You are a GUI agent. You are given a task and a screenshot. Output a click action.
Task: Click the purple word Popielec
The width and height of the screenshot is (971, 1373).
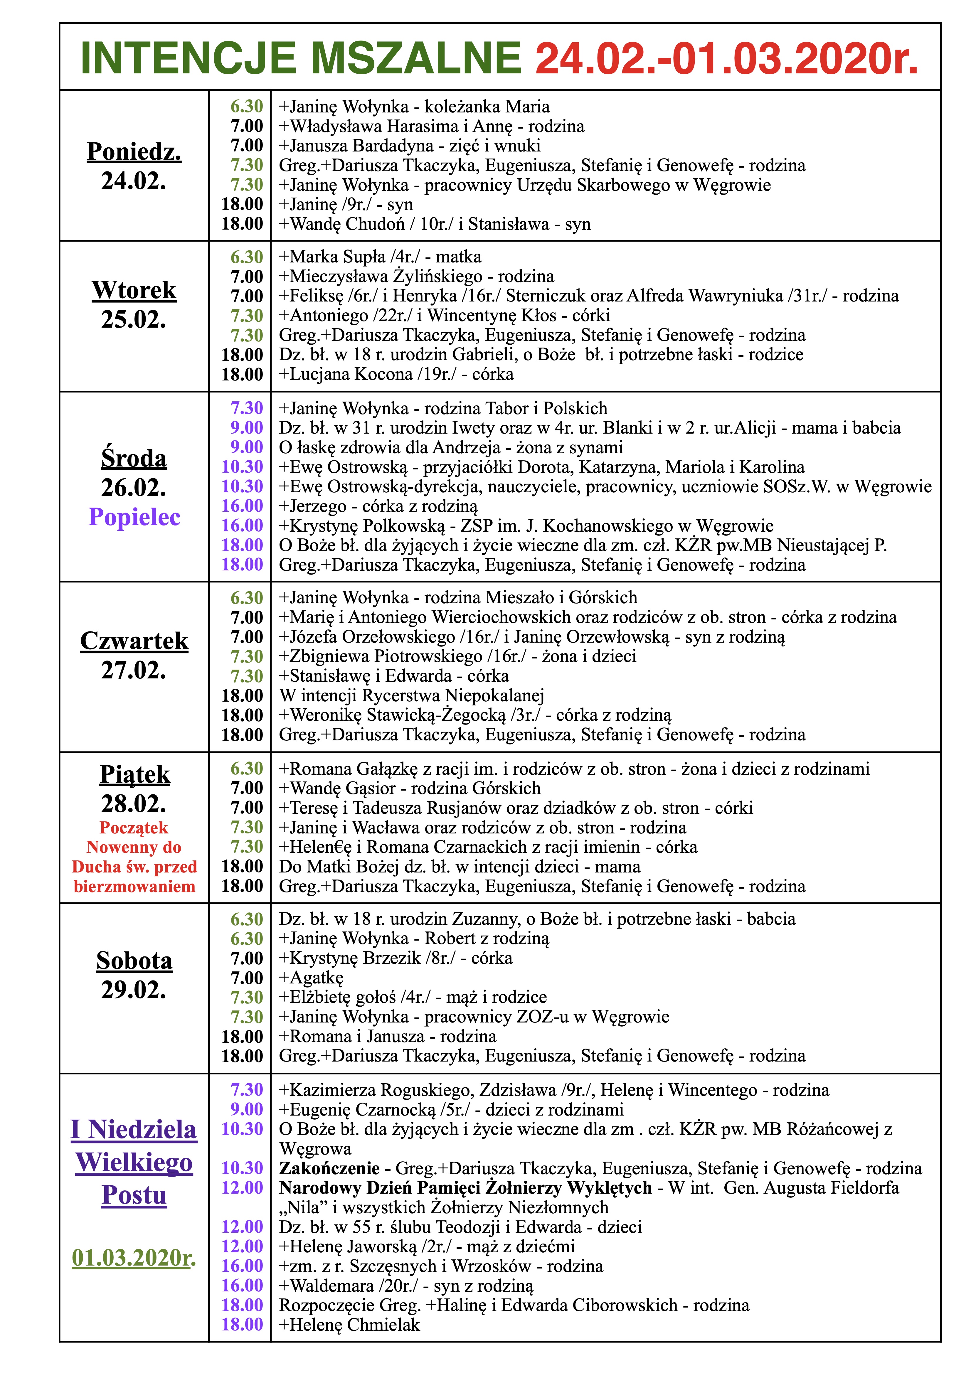(x=134, y=517)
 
